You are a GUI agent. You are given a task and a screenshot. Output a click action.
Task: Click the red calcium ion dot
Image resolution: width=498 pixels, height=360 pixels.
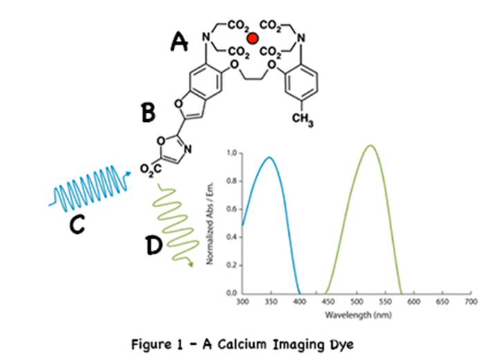pos(254,39)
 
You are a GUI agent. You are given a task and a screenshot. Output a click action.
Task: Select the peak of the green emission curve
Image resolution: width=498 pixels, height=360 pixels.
pos(371,145)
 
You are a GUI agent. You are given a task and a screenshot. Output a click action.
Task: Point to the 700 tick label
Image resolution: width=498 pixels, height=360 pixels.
pos(470,303)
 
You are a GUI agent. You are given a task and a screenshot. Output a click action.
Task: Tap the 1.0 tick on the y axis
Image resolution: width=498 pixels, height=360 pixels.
pos(233,152)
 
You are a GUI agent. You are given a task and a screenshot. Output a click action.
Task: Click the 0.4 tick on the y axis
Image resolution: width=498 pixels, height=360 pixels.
pos(233,237)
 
